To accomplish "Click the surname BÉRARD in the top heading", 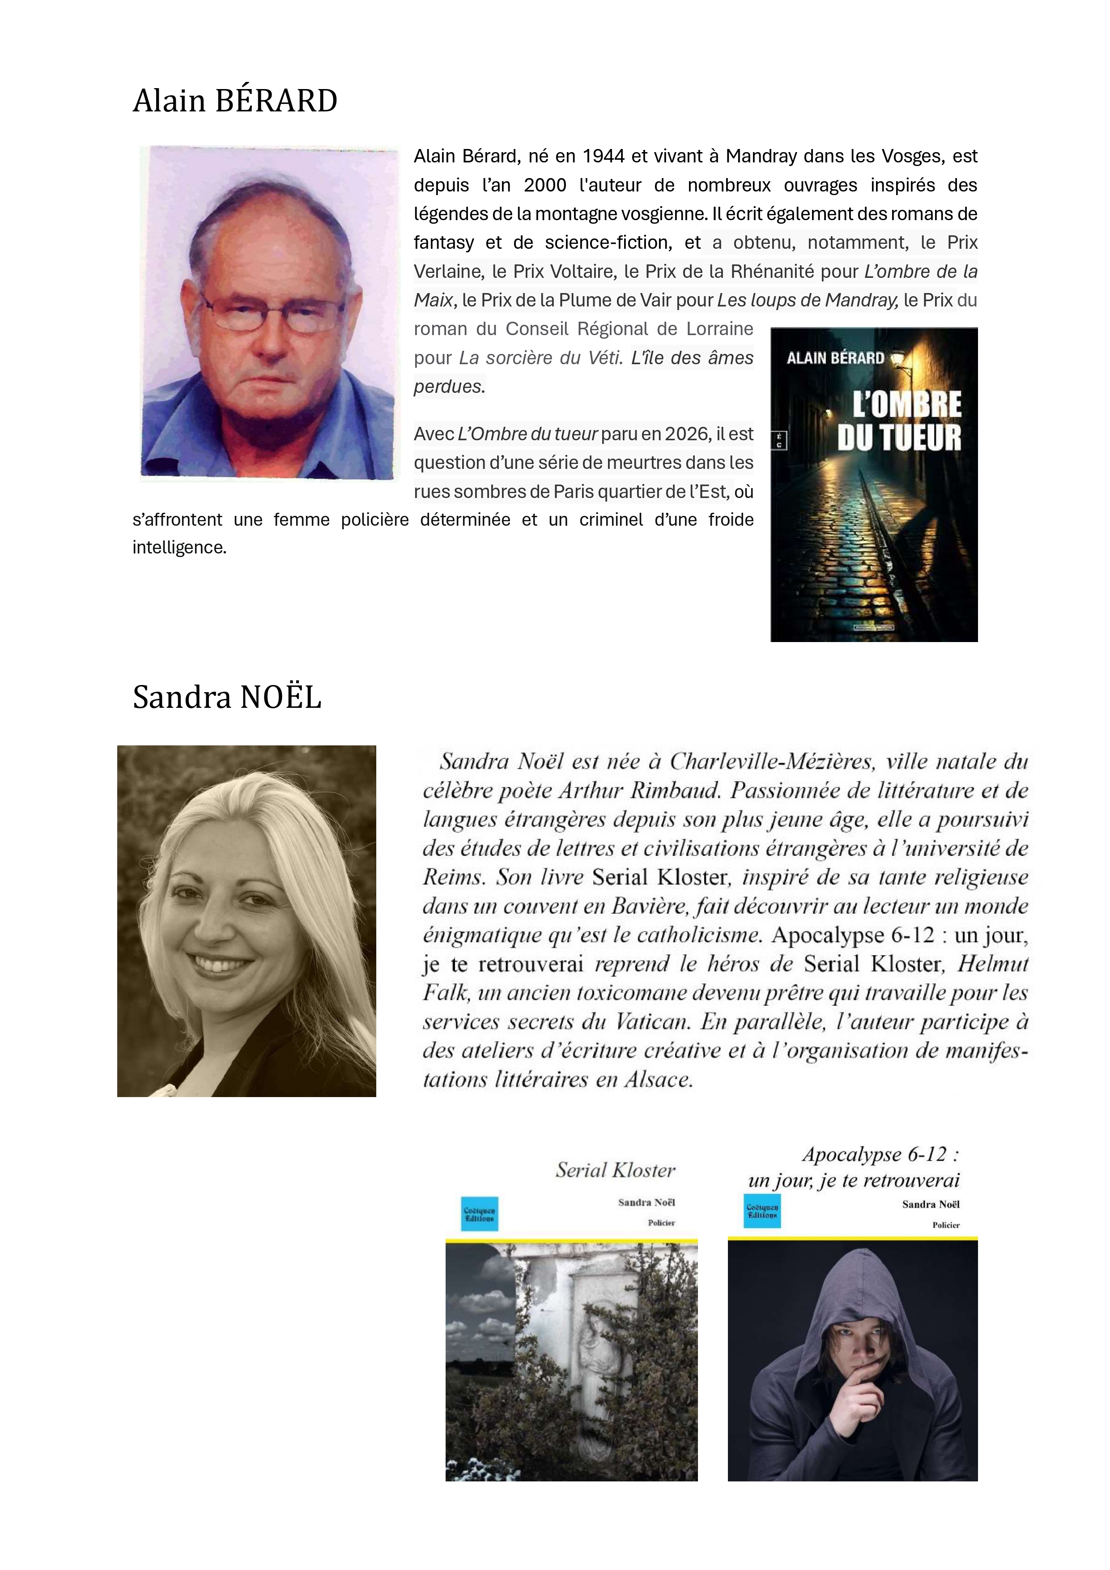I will tap(276, 101).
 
